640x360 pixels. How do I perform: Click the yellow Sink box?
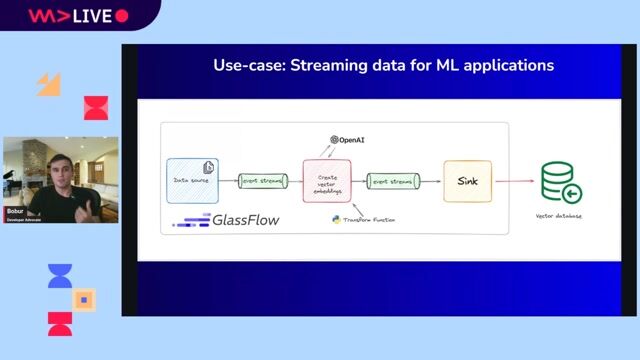[467, 181]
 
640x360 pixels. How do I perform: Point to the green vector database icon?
[562, 183]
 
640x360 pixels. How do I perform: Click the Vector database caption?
[559, 216]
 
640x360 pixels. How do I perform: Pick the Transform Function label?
[359, 218]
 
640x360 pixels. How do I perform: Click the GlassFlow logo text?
[244, 220]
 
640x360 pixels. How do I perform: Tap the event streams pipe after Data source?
[262, 181]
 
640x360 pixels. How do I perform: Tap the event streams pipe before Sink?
[392, 181]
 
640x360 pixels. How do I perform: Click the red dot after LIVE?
[122, 16]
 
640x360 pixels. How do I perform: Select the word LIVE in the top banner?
[92, 16]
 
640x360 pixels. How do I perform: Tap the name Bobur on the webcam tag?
[15, 212]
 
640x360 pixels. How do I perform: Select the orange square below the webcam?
[85, 299]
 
